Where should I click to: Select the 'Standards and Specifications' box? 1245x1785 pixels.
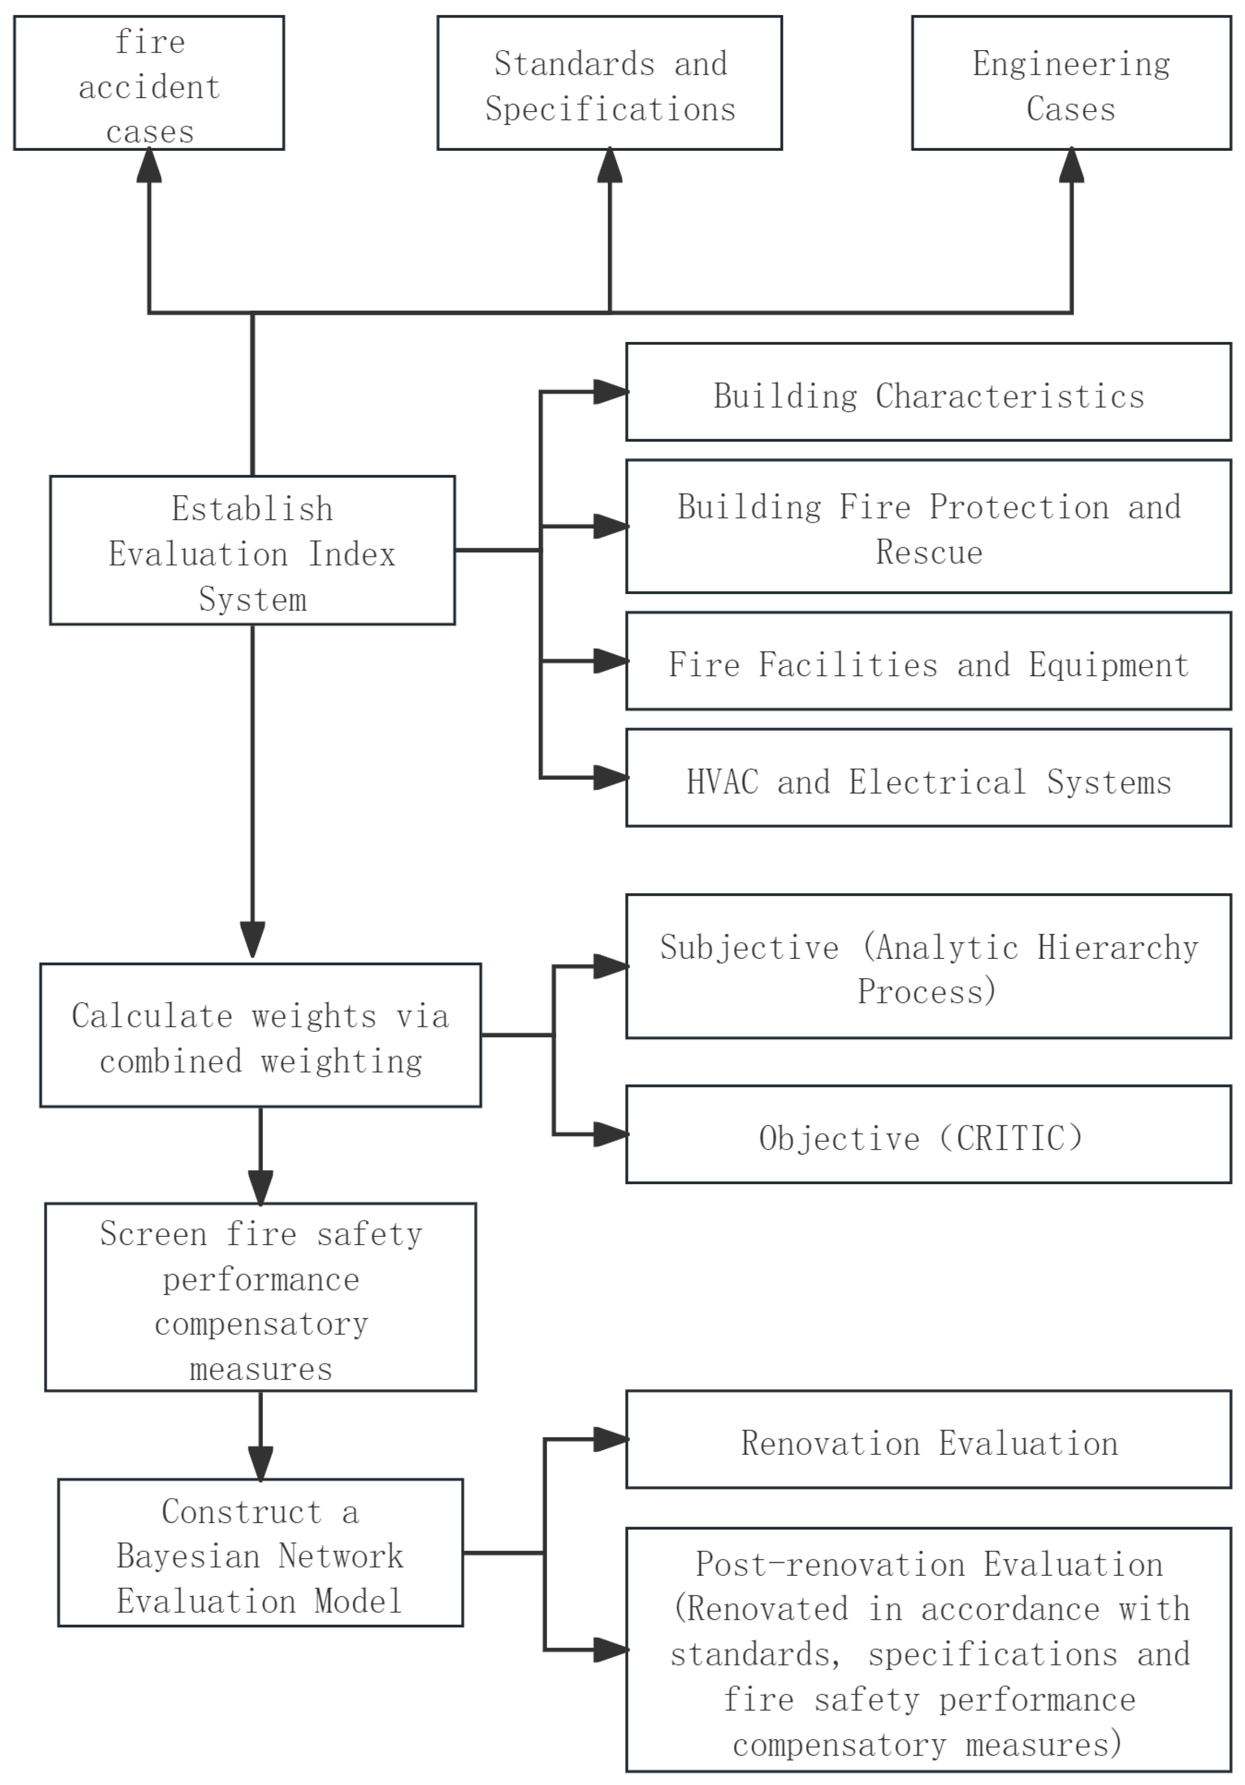(x=609, y=83)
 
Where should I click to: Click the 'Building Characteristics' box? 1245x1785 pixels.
(x=928, y=392)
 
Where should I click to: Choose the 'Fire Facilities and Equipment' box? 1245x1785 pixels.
(x=928, y=661)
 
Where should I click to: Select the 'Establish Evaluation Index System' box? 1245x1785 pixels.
(x=252, y=550)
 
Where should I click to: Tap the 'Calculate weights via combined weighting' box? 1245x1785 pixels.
(x=260, y=1035)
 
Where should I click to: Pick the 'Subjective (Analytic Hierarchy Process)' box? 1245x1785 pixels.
(x=928, y=966)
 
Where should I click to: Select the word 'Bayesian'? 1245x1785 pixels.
(x=188, y=1557)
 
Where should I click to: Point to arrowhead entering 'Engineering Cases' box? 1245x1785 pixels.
(x=1071, y=165)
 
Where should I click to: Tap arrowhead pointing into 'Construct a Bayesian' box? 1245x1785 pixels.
(x=260, y=1464)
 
